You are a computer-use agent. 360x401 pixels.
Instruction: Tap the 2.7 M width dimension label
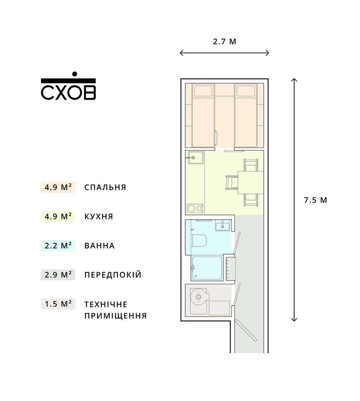[225, 41]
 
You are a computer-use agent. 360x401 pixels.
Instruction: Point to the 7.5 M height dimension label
[316, 200]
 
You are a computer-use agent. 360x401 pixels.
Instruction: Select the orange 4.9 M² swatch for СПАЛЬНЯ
[58, 187]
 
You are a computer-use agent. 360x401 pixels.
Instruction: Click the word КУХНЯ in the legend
[99, 217]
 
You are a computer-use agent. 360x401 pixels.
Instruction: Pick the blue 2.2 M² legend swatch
[58, 245]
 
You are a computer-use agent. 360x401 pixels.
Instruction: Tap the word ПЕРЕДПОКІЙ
[113, 275]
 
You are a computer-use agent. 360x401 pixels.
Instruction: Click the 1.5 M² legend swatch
[58, 304]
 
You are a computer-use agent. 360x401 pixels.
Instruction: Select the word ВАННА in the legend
[100, 246]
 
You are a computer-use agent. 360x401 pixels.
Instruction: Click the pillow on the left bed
[203, 91]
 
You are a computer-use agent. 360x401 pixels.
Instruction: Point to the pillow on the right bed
[246, 91]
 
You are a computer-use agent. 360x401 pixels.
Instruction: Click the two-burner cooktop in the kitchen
[195, 209]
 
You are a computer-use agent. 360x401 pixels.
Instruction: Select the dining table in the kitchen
[250, 183]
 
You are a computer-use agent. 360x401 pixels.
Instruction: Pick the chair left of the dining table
[232, 183]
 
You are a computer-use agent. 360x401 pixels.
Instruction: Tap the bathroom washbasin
[223, 225]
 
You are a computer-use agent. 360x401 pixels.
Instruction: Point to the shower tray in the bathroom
[207, 268]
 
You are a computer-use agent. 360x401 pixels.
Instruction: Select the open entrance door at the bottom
[246, 330]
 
